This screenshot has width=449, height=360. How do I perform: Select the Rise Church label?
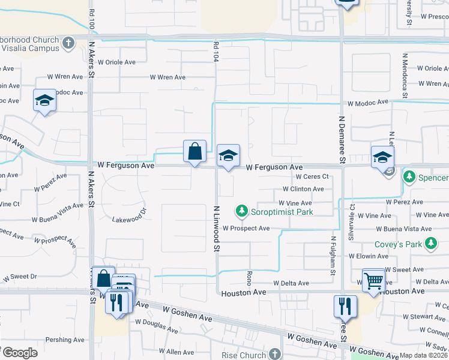pyautogui.click(x=244, y=355)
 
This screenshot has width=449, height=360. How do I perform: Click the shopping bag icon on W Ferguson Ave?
pyautogui.click(x=194, y=152)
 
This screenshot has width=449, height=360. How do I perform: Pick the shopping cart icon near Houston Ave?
pyautogui.click(x=373, y=280)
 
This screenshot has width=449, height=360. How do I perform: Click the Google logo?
pyautogui.click(x=19, y=352)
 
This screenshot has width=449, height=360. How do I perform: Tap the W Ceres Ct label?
pyautogui.click(x=312, y=176)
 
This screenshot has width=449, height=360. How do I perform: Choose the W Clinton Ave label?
pyautogui.click(x=303, y=189)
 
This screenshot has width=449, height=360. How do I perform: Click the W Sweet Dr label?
pyautogui.click(x=20, y=277)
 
